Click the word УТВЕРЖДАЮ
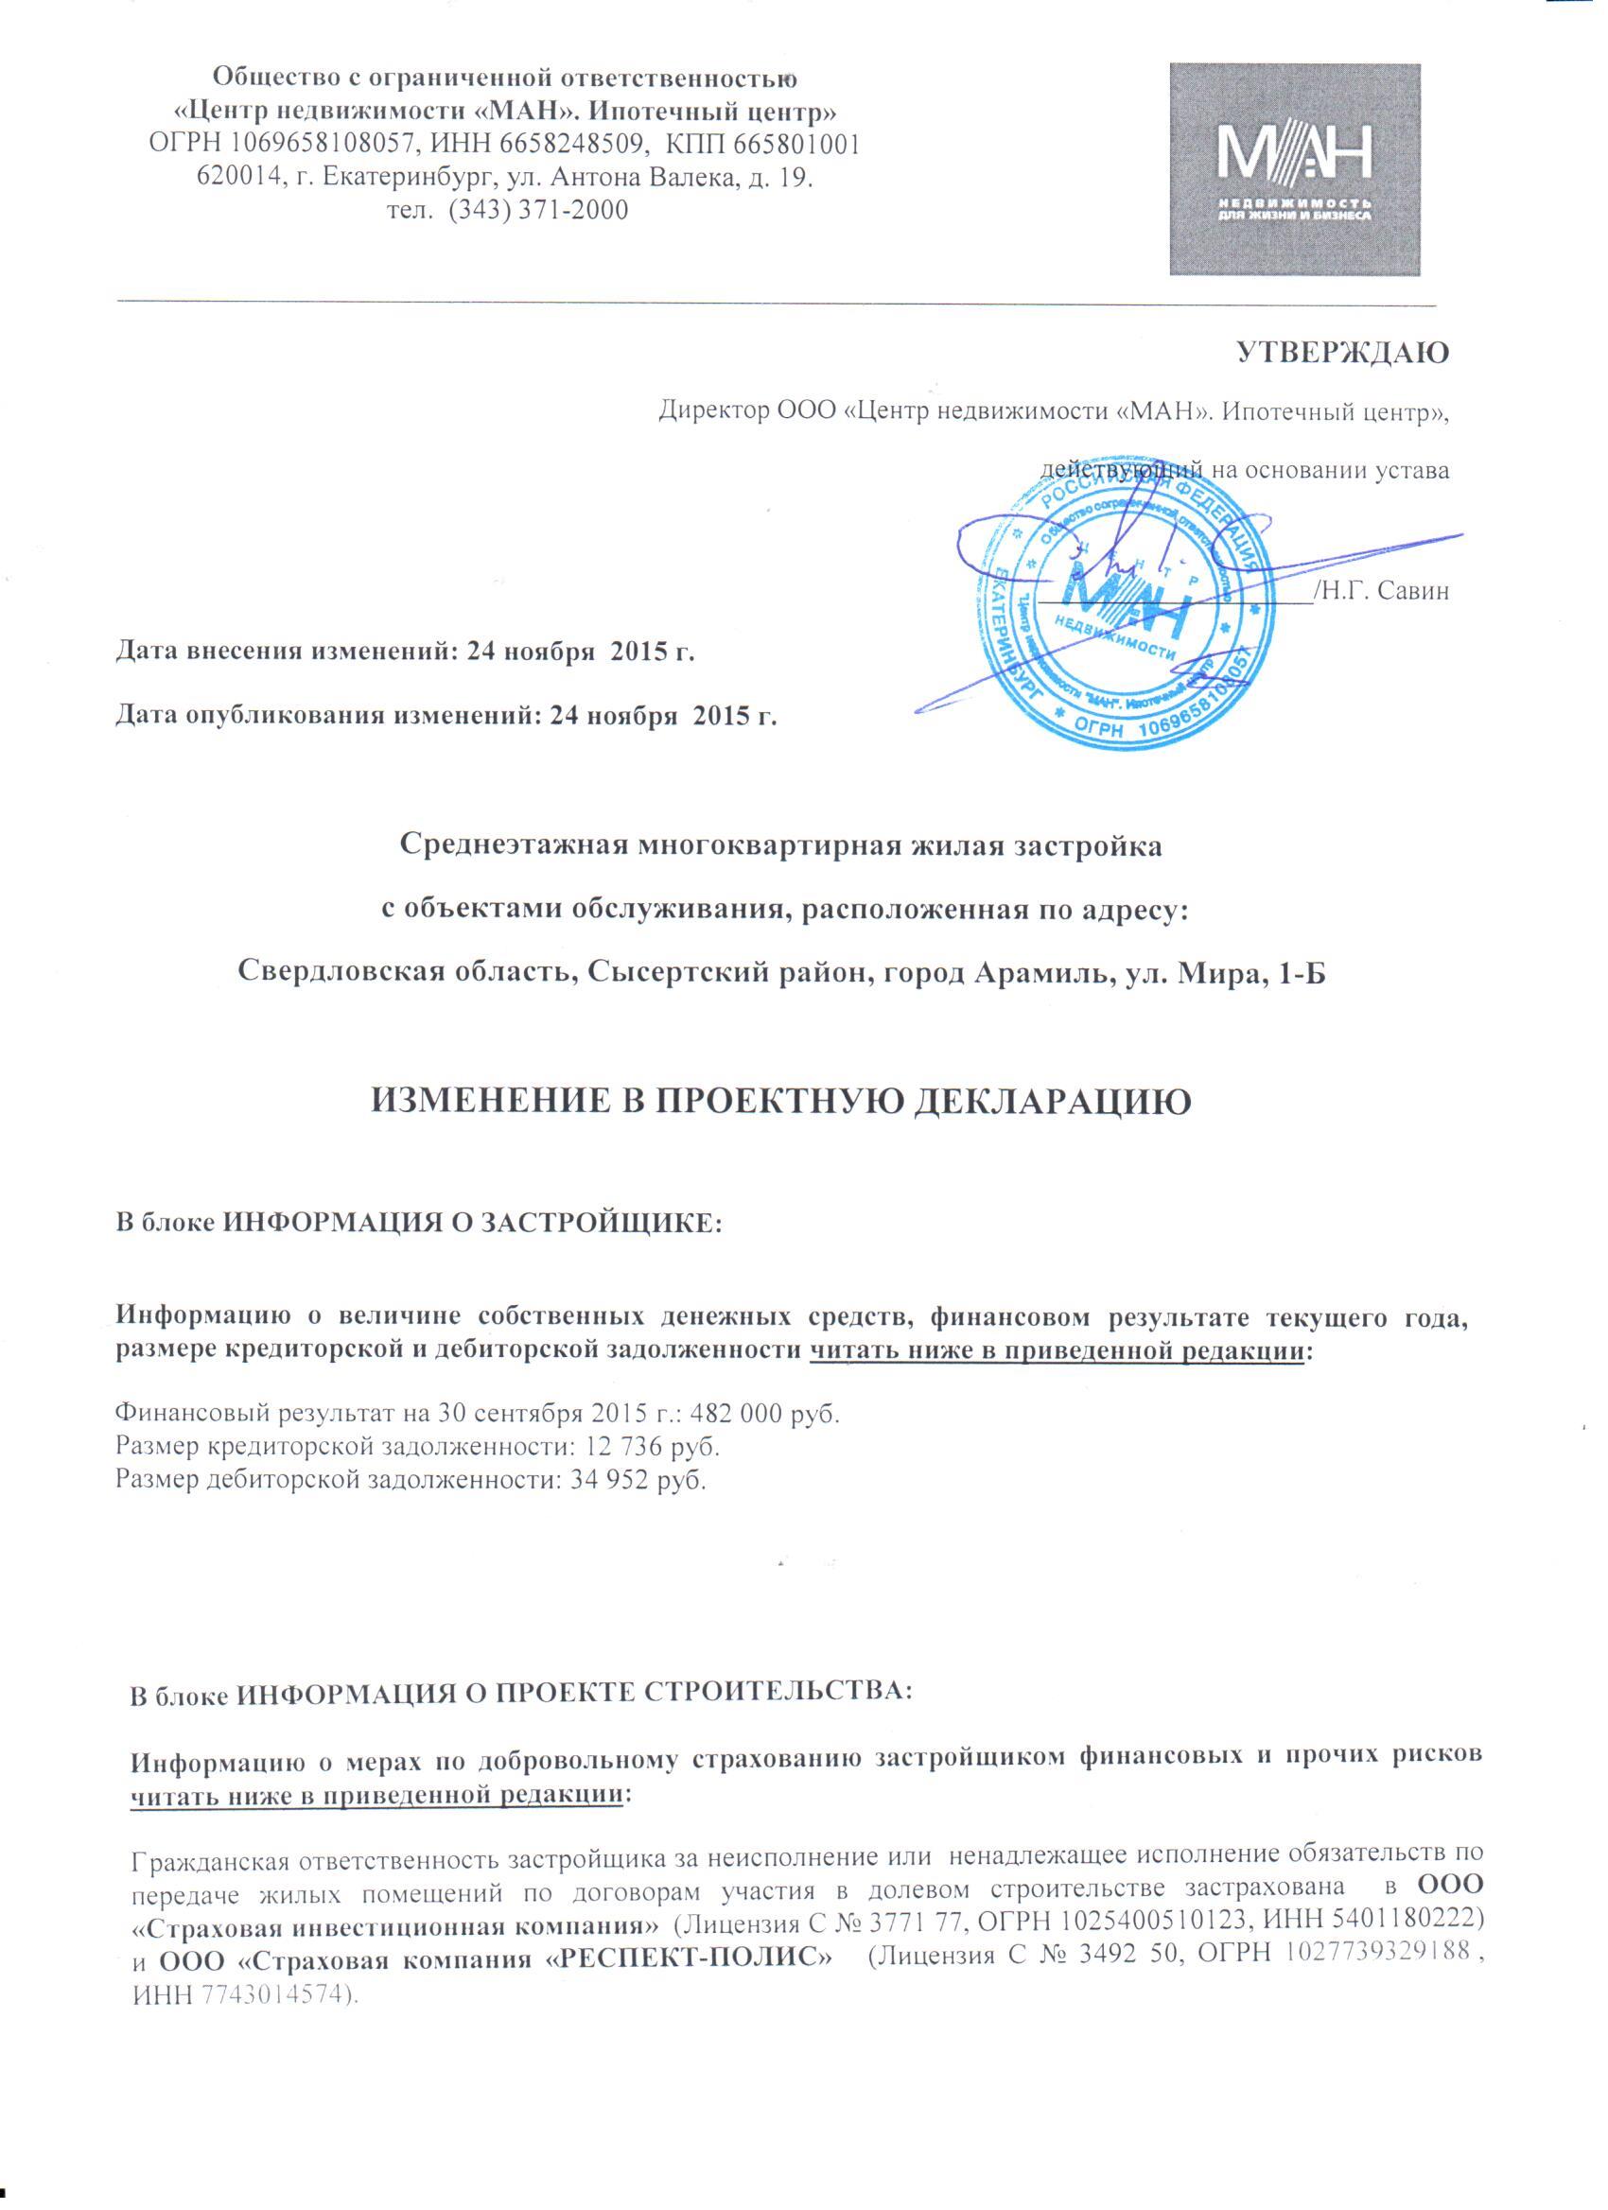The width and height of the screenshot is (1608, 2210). (x=1343, y=353)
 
